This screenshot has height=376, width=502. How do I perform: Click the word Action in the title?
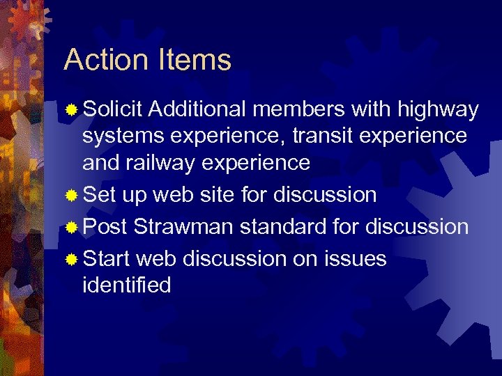click(x=105, y=60)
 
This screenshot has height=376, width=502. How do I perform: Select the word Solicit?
click(x=112, y=109)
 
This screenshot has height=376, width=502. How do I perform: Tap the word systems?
click(x=123, y=136)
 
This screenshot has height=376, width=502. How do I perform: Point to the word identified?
click(x=126, y=285)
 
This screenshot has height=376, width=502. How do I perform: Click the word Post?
click(x=105, y=227)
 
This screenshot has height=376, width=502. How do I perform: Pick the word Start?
click(x=106, y=259)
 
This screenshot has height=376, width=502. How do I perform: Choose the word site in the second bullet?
click(x=217, y=195)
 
